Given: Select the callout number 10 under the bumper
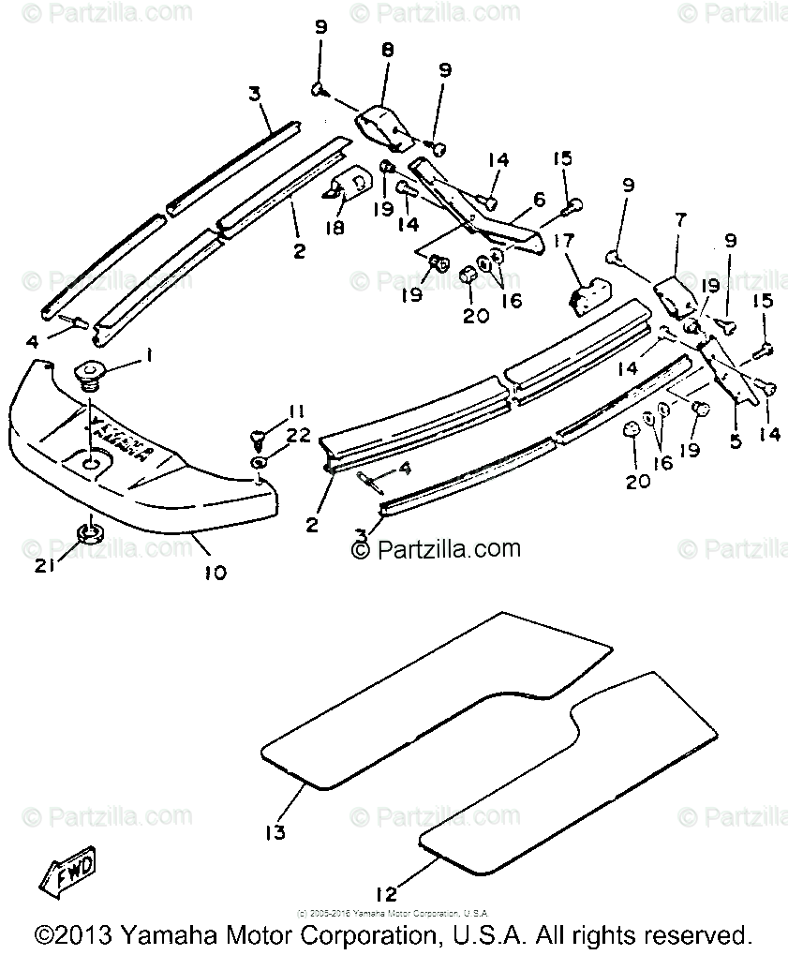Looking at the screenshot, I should [x=215, y=571].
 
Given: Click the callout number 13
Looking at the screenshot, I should [x=274, y=831].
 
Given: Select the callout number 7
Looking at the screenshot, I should [x=680, y=220].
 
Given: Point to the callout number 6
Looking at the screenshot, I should [x=539, y=200].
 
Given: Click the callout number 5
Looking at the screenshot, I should [x=735, y=440].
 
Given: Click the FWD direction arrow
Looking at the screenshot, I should [x=67, y=877].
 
